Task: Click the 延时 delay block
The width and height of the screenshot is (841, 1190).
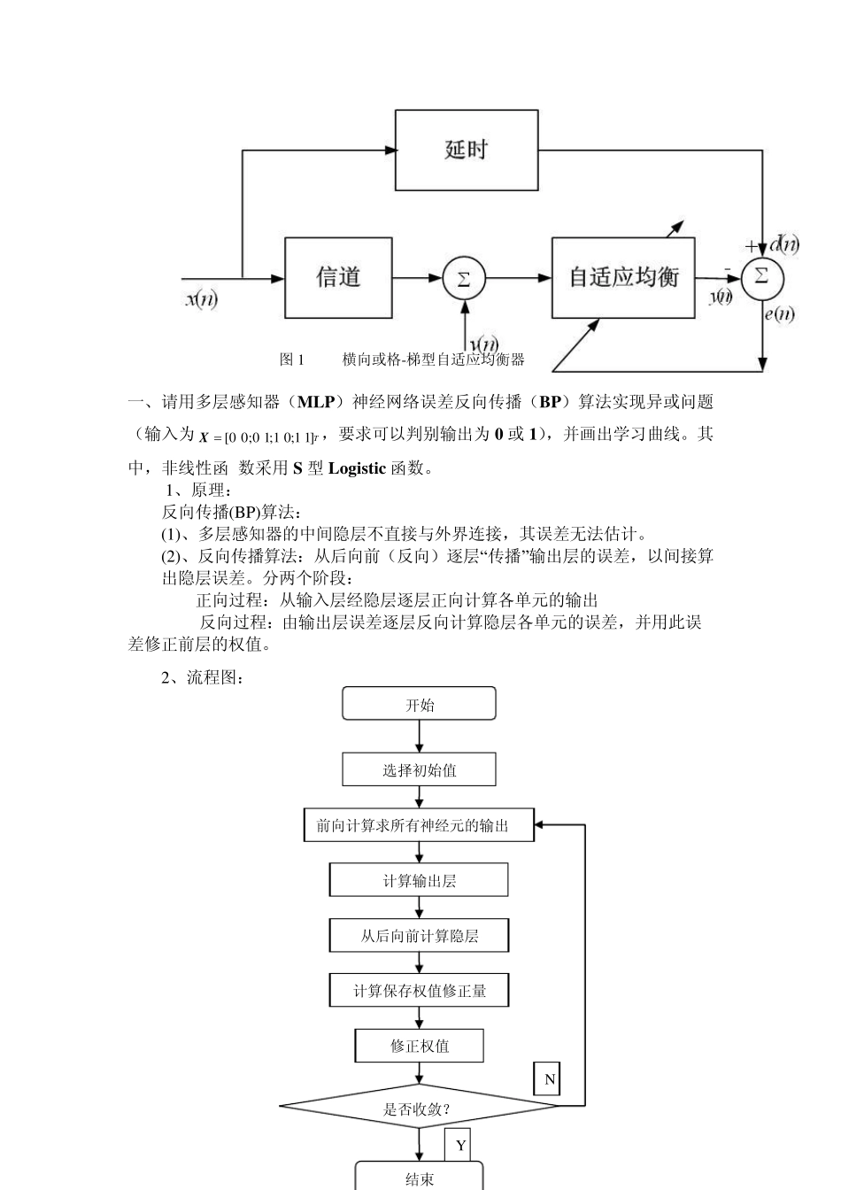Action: pos(467,150)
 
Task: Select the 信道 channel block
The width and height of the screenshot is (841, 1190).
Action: pos(338,278)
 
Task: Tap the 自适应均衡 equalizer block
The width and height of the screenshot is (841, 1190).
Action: pos(623,278)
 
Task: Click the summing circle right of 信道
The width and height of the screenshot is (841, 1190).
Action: pos(463,278)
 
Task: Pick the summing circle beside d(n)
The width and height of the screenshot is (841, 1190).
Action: pos(761,277)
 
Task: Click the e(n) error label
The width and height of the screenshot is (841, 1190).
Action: pos(778,313)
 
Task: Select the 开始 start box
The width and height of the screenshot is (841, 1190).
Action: pos(419,705)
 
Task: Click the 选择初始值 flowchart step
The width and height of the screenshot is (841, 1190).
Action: pos(419,769)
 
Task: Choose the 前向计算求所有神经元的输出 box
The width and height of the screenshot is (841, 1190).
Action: pos(419,825)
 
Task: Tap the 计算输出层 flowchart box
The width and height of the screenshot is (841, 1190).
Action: pos(419,880)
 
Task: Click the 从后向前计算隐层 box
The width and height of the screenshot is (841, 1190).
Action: pos(419,935)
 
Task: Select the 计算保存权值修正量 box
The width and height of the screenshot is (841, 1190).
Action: pos(419,990)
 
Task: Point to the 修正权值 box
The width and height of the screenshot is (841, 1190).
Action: pos(419,1046)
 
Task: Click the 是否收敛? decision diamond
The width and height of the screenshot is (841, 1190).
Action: pos(419,1107)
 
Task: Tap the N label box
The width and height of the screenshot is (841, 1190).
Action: pos(548,1079)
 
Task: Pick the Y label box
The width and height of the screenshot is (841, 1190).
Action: pos(459,1145)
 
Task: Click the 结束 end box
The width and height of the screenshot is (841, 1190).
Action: pos(419,1178)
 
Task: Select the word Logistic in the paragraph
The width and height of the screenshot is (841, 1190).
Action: pos(357,468)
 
